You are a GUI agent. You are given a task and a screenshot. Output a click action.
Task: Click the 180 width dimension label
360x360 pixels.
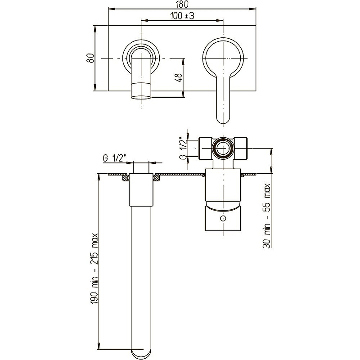point(182,4)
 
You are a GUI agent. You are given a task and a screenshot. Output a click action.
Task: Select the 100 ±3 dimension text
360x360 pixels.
point(182,16)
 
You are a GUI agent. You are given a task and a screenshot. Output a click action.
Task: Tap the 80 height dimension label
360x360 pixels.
point(90,58)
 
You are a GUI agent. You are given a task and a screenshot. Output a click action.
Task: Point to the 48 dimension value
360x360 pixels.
point(179,77)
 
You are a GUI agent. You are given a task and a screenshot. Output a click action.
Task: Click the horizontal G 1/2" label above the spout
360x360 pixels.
point(115,158)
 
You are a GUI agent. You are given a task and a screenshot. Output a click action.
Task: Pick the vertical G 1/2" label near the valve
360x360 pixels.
point(183,148)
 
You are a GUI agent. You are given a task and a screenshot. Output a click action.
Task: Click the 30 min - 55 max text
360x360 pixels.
point(266,216)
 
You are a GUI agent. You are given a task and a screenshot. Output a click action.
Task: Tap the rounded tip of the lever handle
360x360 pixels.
point(223,120)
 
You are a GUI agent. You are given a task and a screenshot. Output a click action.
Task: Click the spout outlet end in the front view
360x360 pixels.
point(141,97)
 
